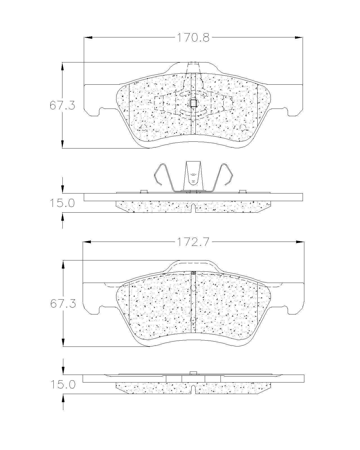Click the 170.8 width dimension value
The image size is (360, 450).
click(x=193, y=38)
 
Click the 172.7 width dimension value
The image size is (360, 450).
click(x=193, y=242)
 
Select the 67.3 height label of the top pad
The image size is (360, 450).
click(x=62, y=105)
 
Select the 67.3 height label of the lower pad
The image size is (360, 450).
click(x=63, y=303)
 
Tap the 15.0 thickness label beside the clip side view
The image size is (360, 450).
click(x=62, y=203)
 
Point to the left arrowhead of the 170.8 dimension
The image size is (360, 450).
click(x=88, y=38)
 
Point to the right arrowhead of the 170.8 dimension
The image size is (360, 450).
click(x=298, y=38)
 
